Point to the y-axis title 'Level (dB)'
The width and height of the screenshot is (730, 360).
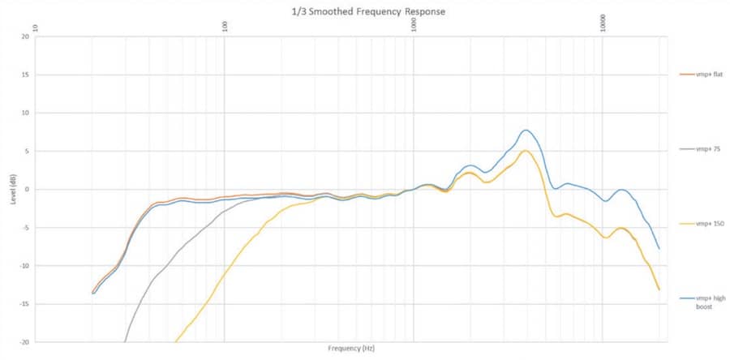pos(14,189)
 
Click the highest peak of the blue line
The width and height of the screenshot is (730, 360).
pos(526,130)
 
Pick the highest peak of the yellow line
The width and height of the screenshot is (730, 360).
pos(526,151)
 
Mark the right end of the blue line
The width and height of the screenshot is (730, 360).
pos(659,249)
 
